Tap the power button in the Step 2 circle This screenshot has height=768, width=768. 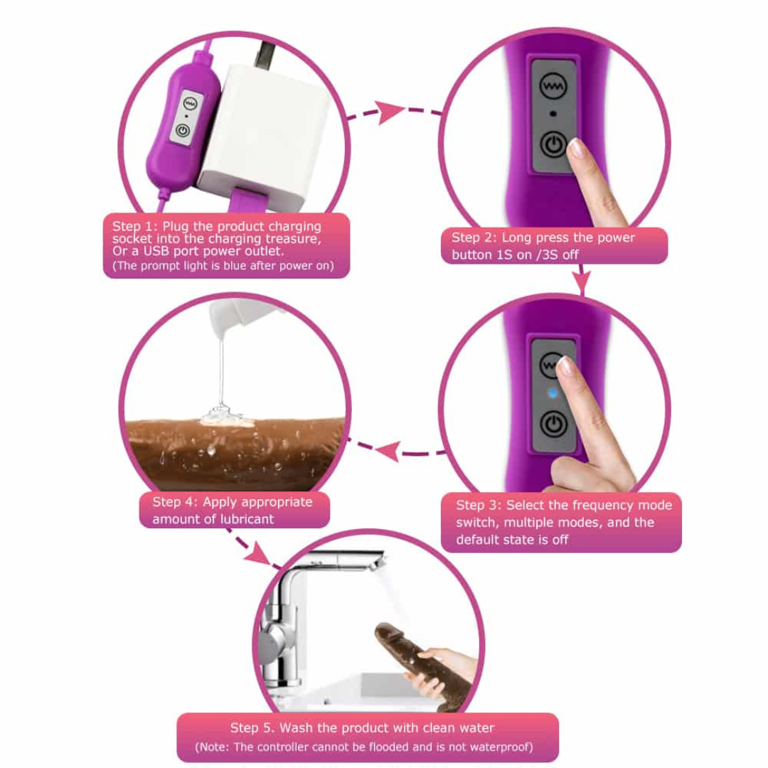[553, 145]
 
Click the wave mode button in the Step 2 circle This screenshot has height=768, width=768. [553, 86]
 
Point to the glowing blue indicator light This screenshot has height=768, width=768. [553, 393]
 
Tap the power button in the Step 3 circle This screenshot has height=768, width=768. [554, 424]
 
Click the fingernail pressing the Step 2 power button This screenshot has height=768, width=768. [577, 147]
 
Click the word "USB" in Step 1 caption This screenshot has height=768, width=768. [156, 251]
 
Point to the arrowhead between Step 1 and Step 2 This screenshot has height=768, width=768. [389, 112]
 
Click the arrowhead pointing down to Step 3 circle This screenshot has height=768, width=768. [582, 282]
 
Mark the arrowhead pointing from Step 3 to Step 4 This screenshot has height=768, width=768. [389, 451]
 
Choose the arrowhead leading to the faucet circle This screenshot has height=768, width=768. [258, 553]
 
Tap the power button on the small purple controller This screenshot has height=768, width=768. [183, 130]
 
